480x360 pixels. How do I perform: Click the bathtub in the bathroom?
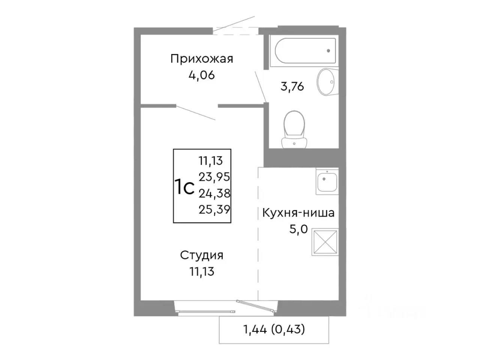[x=304, y=52]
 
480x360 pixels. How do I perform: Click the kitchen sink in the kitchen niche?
[x=327, y=182]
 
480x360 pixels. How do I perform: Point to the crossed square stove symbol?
[x=325, y=242]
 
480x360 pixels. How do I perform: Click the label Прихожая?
[x=202, y=59]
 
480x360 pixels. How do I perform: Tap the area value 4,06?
[x=202, y=75]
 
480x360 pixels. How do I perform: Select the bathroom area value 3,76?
[x=292, y=87]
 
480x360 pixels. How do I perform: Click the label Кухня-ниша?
[x=298, y=213]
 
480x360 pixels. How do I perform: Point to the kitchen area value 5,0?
[x=298, y=229]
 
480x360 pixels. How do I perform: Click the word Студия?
[x=202, y=255]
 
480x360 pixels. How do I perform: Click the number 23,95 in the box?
[x=214, y=177]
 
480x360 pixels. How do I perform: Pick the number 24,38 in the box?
[x=214, y=193]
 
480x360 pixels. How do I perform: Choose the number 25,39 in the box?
[x=214, y=210]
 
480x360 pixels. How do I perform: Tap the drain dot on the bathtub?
[x=328, y=51]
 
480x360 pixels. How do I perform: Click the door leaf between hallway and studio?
[x=195, y=113]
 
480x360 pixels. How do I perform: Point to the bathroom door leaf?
[x=260, y=86]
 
